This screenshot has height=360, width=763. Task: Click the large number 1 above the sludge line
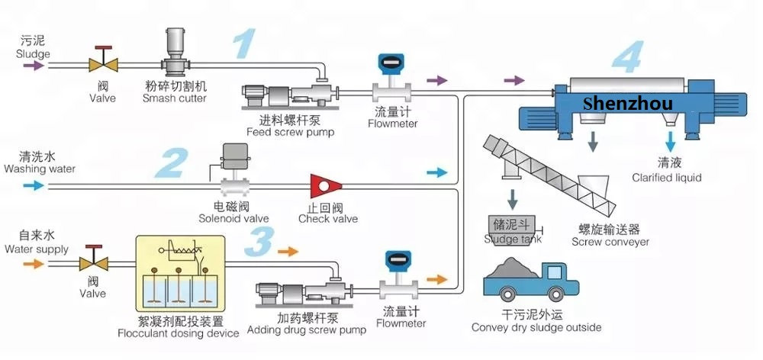click(243, 43)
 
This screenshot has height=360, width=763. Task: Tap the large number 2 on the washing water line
click(172, 163)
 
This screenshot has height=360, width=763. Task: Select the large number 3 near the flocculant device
click(260, 243)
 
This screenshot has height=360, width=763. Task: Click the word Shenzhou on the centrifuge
click(627, 102)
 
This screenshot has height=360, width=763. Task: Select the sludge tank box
click(513, 225)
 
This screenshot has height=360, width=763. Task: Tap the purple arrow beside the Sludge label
click(34, 66)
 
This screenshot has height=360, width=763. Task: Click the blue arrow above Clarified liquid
click(671, 141)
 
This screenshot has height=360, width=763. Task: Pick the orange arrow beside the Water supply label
click(34, 263)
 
